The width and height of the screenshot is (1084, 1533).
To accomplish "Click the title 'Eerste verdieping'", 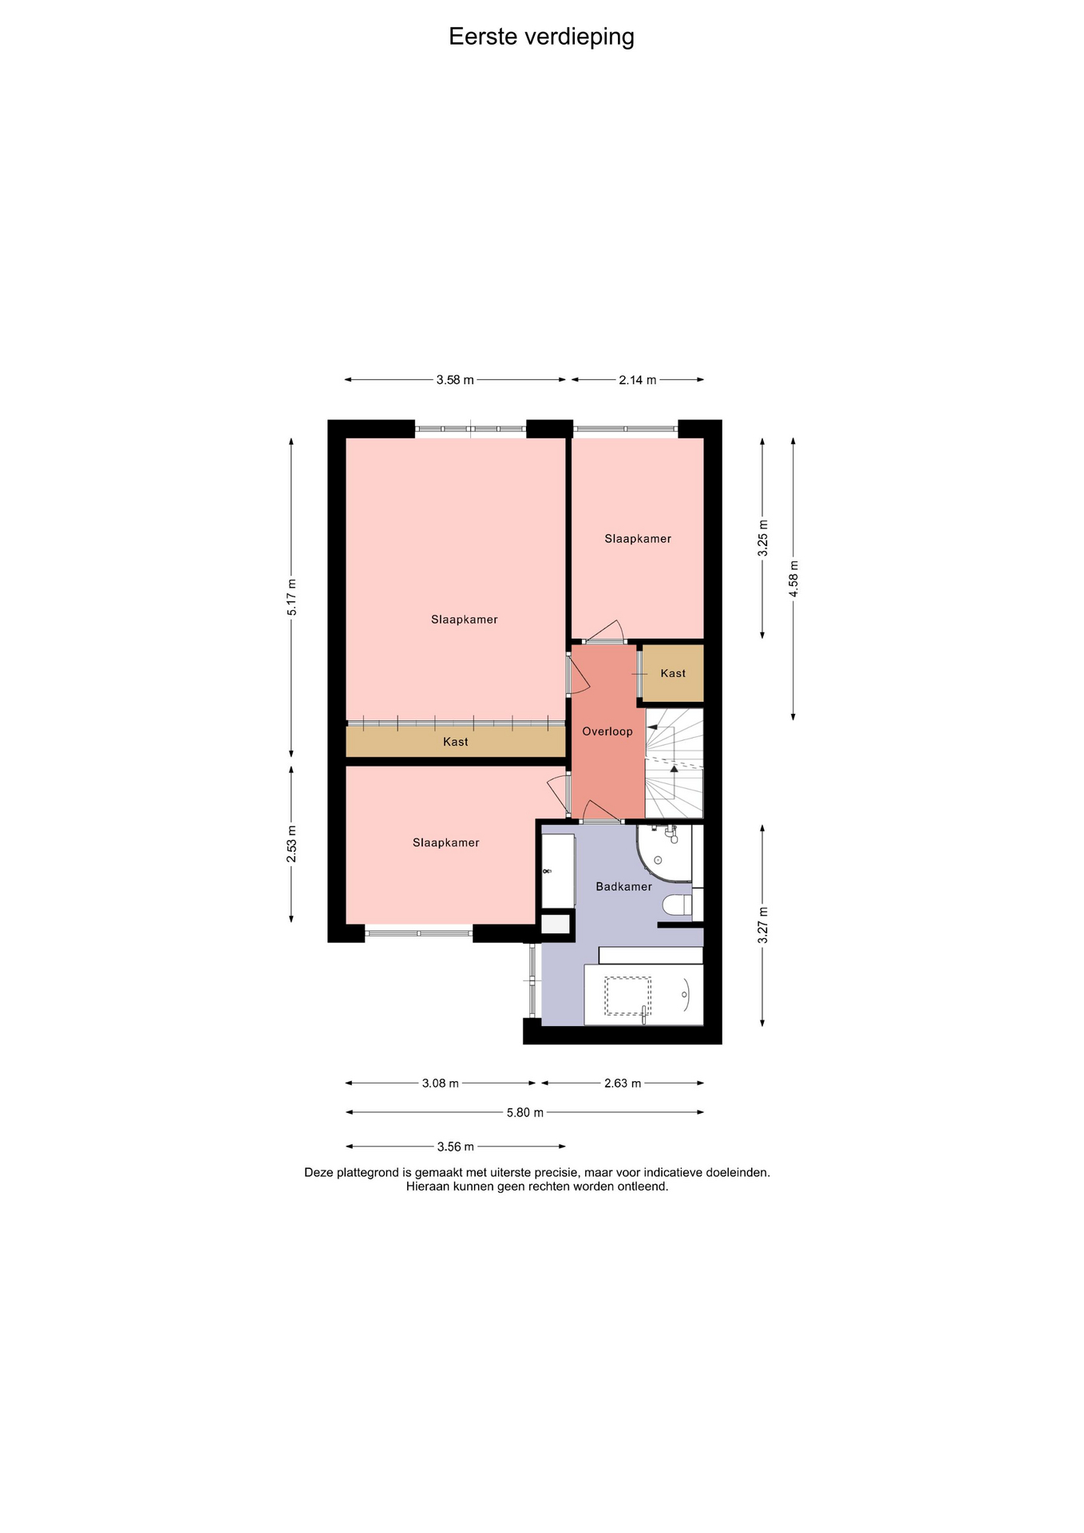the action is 541,38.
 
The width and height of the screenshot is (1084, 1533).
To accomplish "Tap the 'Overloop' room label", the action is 607,731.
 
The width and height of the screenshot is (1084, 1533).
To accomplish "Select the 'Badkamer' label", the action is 624,886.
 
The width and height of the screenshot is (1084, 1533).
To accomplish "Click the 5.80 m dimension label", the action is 525,1112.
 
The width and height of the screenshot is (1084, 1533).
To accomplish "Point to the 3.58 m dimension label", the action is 455,380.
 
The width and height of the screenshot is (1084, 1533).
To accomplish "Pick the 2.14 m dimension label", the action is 638,380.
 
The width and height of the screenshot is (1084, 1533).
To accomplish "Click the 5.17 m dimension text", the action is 292,596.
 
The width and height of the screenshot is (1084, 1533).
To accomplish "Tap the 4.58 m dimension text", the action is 793,579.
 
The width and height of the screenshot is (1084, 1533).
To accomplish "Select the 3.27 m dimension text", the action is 763,925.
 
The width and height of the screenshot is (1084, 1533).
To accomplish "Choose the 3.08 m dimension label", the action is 441,1083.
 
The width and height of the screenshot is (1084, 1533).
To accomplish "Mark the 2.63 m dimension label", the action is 623,1083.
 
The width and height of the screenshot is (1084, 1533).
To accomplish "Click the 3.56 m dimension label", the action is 456,1147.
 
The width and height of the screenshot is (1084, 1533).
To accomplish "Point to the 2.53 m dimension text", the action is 292,844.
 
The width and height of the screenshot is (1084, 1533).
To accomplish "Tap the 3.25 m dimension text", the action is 763,537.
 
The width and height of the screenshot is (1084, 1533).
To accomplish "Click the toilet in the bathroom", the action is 678,906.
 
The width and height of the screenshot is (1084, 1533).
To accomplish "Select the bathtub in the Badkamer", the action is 643,995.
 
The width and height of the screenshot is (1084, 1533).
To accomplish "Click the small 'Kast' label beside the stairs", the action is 673,673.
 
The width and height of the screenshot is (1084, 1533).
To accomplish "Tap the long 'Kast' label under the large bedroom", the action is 456,742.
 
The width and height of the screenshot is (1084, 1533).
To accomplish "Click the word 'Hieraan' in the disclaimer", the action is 428,1186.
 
